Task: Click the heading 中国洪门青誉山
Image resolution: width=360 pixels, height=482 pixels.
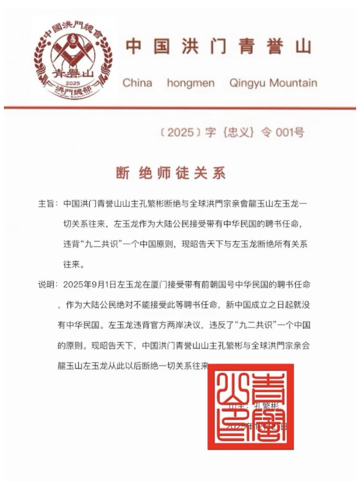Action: (218, 47)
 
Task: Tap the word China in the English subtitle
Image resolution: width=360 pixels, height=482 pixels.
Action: (137, 83)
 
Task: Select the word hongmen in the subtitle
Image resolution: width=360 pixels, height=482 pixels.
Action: (191, 83)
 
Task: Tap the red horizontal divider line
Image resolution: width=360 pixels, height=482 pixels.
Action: (180, 107)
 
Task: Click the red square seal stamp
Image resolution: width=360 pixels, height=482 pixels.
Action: (250, 407)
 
